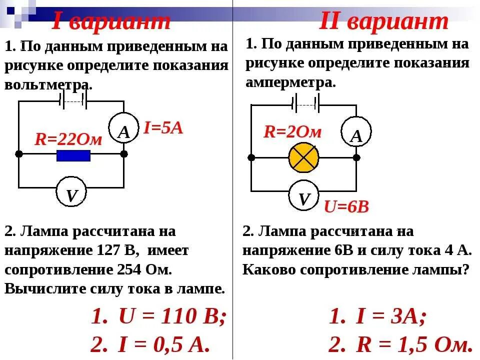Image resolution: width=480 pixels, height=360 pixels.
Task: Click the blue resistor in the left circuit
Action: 73,155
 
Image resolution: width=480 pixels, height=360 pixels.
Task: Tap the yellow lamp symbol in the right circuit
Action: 303,157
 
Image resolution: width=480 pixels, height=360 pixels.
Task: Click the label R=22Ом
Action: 68,139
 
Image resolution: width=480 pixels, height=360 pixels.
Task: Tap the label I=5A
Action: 163,128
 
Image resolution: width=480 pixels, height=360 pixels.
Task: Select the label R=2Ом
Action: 293,131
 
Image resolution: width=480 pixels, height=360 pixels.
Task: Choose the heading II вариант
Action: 383,21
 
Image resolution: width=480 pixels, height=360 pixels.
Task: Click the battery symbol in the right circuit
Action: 305,104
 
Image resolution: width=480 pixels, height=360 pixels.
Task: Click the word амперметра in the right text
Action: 290,82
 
